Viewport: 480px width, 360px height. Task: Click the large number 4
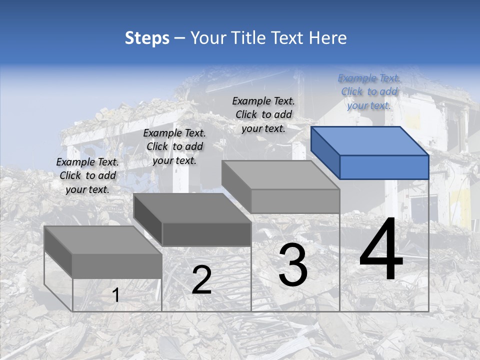381,251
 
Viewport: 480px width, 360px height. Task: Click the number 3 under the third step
293,265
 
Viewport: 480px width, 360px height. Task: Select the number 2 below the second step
201,280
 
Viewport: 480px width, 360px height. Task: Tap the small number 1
116,295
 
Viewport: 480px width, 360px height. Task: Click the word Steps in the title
147,38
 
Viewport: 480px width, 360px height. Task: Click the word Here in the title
328,38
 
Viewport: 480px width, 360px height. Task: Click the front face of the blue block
384,167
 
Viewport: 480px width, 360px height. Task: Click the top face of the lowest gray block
103,240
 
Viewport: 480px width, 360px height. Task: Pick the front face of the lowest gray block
117,266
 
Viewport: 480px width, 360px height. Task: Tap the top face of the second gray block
192,207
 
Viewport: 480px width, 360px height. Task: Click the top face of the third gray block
280,175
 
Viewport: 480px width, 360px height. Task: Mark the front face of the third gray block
295,201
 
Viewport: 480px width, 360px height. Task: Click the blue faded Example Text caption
369,91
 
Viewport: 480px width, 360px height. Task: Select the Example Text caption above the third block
263,114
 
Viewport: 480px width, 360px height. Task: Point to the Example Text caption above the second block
174,146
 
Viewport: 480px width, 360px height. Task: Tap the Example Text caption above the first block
87,175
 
